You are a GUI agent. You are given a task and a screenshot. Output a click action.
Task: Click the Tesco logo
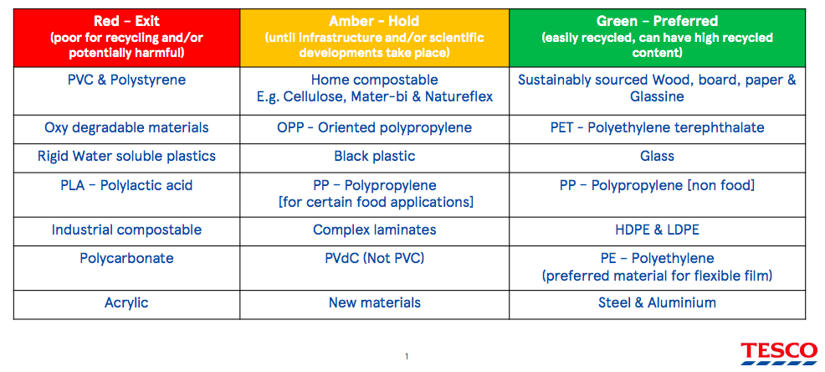point(779,354)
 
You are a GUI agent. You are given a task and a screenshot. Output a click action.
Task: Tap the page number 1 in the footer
point(407,357)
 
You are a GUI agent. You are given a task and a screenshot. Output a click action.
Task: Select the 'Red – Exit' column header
point(127,38)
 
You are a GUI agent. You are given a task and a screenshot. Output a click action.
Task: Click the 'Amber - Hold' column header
point(374,38)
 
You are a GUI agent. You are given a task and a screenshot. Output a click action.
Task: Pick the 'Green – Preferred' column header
point(657,38)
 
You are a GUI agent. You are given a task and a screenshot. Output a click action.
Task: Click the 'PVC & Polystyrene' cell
point(127,91)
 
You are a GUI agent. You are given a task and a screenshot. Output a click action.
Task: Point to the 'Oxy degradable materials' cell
point(127,128)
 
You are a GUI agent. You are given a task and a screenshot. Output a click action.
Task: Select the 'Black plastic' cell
point(374,157)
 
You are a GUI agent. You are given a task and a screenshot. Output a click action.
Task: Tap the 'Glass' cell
point(657,157)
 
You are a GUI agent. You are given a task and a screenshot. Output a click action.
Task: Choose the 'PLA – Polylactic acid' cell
point(127,194)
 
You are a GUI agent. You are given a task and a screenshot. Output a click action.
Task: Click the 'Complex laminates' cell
point(374,230)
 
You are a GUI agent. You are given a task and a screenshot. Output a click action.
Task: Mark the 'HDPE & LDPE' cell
point(657,230)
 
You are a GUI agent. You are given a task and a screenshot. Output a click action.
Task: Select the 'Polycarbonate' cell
point(127,267)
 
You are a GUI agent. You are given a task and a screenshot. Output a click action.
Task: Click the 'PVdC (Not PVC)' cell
point(374,267)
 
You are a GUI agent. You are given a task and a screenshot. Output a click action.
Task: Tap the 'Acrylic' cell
point(127,304)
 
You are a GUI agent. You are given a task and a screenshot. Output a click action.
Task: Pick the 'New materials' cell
point(374,304)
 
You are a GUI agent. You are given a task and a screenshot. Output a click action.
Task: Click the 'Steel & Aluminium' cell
point(657,304)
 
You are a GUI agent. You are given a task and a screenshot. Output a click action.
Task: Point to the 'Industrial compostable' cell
point(127,230)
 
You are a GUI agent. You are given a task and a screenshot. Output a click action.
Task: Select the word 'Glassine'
point(657,97)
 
